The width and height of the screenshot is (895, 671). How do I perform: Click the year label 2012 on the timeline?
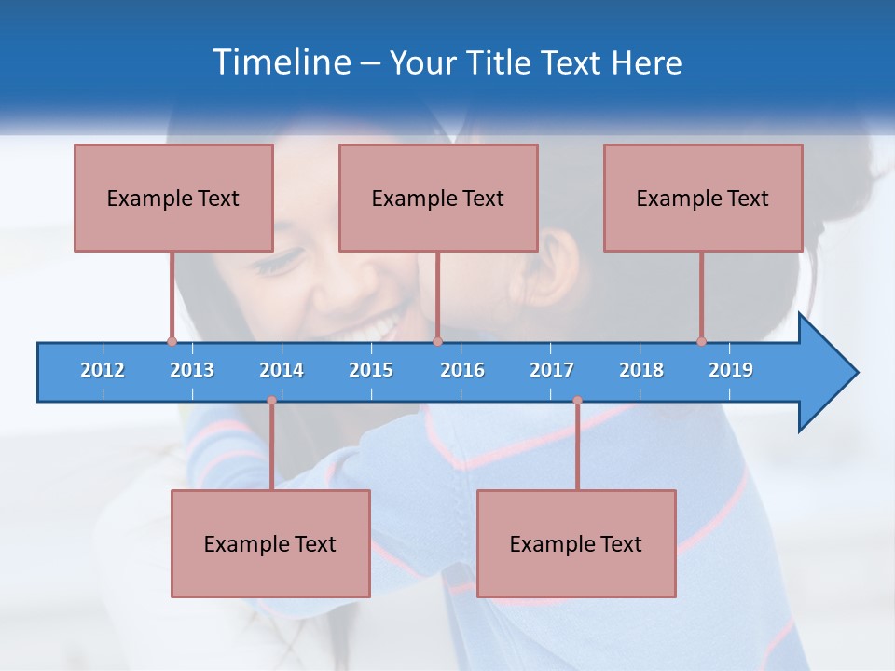pos(103,370)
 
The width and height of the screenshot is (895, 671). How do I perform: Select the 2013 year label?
pos(192,370)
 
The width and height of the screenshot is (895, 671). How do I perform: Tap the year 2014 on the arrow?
pos(282,370)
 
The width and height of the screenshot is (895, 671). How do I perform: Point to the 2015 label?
pos(371,370)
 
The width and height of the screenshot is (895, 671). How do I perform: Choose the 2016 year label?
pos(462,370)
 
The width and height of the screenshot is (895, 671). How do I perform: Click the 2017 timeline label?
pos(552,370)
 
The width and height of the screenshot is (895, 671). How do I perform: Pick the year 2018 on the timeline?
pos(641,370)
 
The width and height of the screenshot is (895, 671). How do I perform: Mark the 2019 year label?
pos(731,370)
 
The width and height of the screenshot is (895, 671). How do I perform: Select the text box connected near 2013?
pos(173,198)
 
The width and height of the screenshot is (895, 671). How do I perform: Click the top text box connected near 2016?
pos(438,198)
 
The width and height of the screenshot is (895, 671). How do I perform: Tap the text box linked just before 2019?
pos(703,198)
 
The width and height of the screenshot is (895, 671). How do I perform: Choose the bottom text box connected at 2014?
pos(270,543)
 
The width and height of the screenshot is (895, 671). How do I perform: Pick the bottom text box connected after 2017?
pos(576,543)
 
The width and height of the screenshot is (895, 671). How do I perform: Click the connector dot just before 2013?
pos(172,341)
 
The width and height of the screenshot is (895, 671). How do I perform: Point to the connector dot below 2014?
pos(271,401)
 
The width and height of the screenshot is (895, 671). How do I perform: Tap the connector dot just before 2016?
pos(437,341)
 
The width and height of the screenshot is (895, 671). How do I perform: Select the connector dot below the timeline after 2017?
pos(577,401)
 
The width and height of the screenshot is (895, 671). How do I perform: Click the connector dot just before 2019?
pos(701,341)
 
